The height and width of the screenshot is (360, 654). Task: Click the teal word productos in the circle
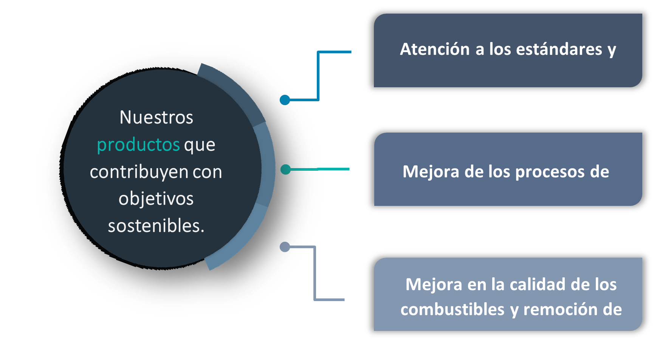tap(138, 145)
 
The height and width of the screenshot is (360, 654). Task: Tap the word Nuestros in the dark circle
tap(156, 117)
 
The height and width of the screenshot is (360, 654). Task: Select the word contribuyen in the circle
tap(139, 172)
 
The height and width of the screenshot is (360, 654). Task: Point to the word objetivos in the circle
tap(156, 199)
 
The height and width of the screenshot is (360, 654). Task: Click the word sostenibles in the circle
tap(155, 226)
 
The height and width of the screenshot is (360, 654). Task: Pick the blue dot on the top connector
tap(285, 100)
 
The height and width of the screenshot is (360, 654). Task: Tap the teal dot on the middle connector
tap(285, 169)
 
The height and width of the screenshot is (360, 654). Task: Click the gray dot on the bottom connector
tap(285, 247)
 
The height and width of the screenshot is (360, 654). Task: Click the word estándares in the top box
tap(559, 49)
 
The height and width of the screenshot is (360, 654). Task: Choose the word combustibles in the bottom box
tap(453, 309)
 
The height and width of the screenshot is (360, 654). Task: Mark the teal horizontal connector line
tap(319, 169)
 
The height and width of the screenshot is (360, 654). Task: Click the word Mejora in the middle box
tap(431, 172)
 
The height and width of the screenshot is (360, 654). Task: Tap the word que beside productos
tap(200, 146)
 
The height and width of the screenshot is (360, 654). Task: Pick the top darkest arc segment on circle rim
tap(236, 93)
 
